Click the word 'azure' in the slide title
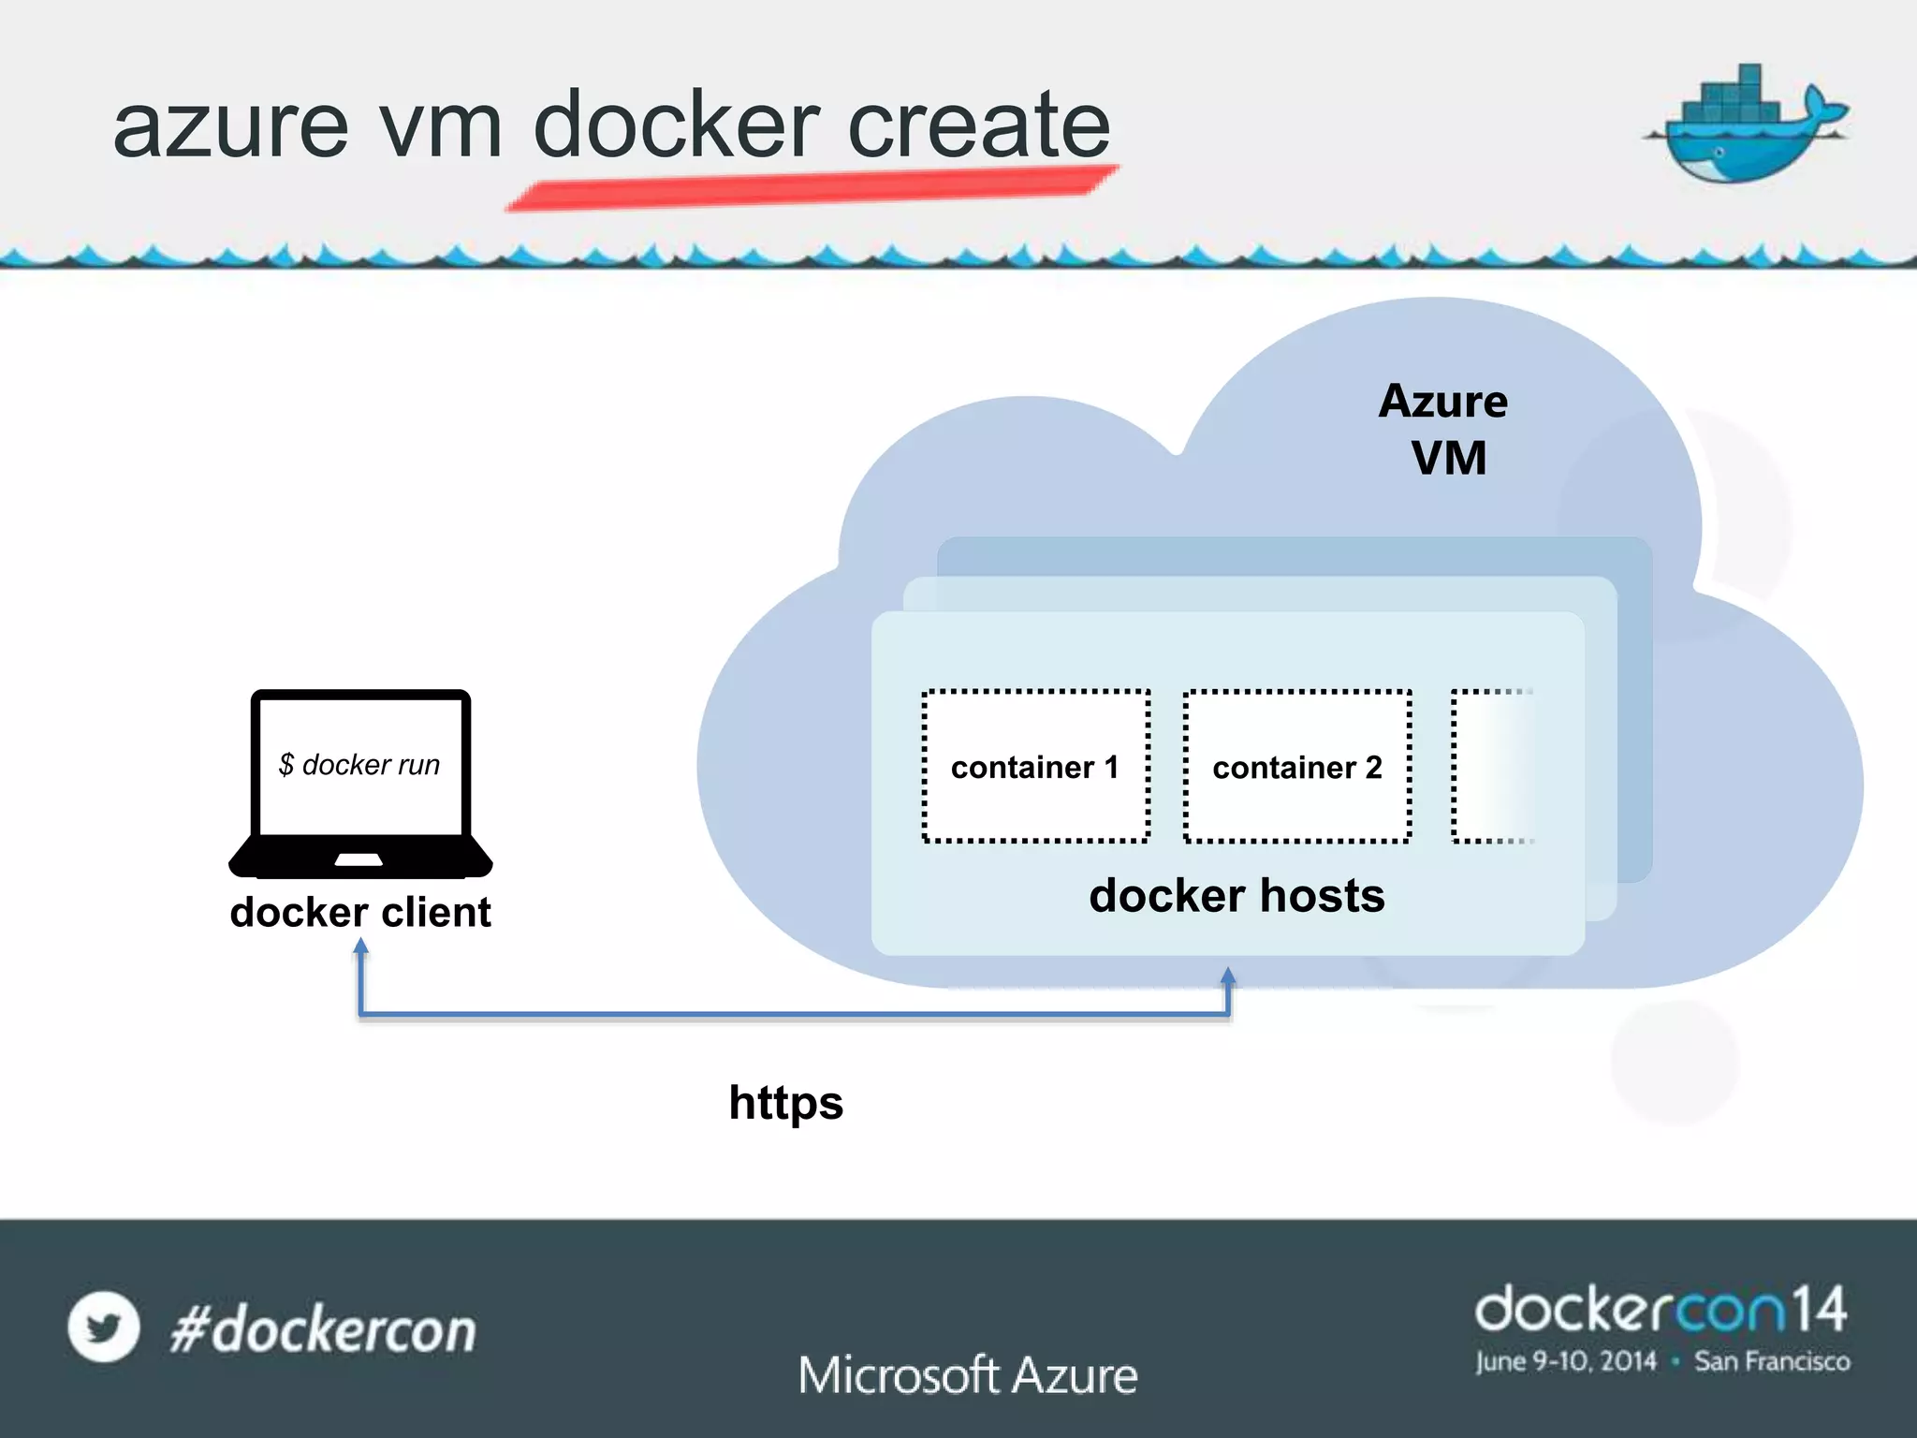click(x=230, y=126)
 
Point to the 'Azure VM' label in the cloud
click(x=1444, y=430)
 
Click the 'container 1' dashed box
click(x=1035, y=767)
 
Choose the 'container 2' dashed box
click(x=1297, y=767)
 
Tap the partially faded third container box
click(x=1490, y=767)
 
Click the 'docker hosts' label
click(x=1237, y=896)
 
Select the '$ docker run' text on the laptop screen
click(x=359, y=765)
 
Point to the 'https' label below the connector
click(x=786, y=1103)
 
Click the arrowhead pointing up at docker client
click(x=360, y=947)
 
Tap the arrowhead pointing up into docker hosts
click(x=1228, y=977)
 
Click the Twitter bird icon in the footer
click(x=104, y=1327)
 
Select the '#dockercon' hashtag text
click(x=323, y=1330)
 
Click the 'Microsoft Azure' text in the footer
click(x=968, y=1375)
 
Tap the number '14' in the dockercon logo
click(x=1819, y=1310)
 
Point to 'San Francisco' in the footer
click(x=1772, y=1361)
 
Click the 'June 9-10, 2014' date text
click(x=1566, y=1361)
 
